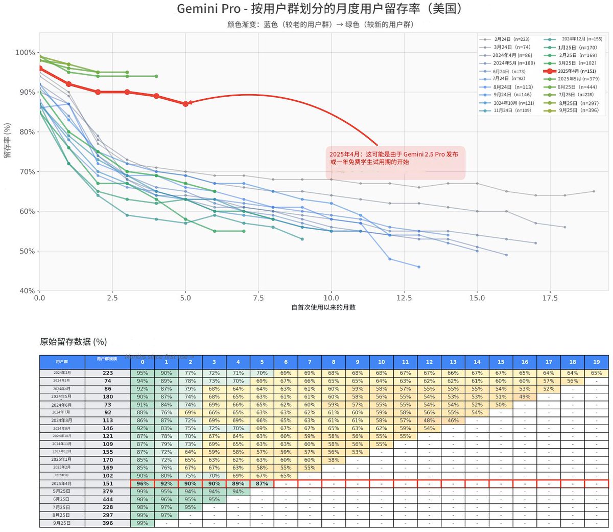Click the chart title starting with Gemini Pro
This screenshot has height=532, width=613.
coord(320,9)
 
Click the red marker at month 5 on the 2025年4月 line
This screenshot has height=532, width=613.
coord(185,104)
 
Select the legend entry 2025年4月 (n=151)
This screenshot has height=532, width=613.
coord(576,71)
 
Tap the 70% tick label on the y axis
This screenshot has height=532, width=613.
coord(26,172)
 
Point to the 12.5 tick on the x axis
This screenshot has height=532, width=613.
coord(404,298)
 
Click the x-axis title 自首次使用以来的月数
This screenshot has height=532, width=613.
coord(323,307)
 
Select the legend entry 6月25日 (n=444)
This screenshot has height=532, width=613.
coord(577,87)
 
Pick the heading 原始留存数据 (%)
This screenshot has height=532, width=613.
coord(74,342)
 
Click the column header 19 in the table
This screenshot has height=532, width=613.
coord(596,362)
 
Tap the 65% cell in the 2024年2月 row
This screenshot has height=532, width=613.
coord(596,373)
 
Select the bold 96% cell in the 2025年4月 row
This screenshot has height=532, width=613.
coord(143,483)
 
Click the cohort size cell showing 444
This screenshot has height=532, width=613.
coord(107,499)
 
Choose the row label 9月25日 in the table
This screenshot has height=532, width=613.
coord(62,523)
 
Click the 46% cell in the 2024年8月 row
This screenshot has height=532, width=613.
coord(453,420)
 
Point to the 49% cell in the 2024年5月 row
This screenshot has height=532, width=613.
coord(525,396)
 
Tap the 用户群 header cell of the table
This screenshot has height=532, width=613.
coord(62,362)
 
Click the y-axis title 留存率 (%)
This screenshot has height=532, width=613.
coord(8,140)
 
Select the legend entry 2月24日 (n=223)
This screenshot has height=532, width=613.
coord(511,39)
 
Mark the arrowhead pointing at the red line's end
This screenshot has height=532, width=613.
coord(191,103)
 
